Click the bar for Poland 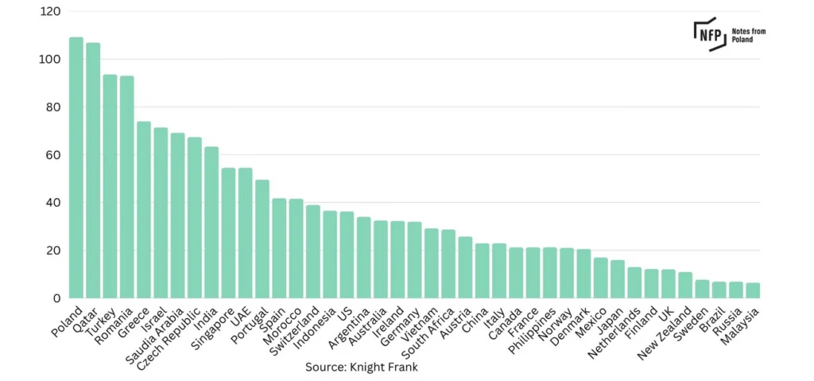click(x=76, y=167)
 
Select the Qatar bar click(x=93, y=170)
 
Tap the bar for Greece click(x=144, y=210)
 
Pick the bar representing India click(x=211, y=223)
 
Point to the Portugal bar click(x=262, y=239)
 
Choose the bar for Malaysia click(x=753, y=290)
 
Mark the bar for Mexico click(x=601, y=278)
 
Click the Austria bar click(x=465, y=268)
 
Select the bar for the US click(x=347, y=255)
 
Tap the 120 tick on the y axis click(x=50, y=11)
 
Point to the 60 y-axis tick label click(x=53, y=155)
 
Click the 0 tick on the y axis click(x=57, y=298)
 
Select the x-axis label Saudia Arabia click(x=155, y=332)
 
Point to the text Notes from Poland click(x=749, y=35)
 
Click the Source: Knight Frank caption click(x=362, y=367)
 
